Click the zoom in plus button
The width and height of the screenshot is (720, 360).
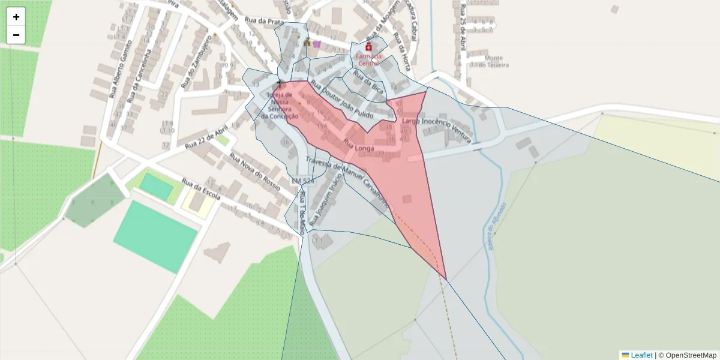coord(16,17)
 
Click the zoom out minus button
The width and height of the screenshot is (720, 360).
coord(16,35)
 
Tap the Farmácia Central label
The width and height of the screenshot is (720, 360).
coord(368,59)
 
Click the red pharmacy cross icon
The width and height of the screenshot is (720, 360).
coord(368,47)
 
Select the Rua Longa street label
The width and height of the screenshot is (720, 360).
coord(359,145)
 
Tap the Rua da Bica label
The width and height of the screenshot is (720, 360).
coord(368,81)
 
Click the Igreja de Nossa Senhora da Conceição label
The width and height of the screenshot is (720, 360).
coord(280,106)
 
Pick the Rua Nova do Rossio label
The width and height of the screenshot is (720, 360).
coord(254,171)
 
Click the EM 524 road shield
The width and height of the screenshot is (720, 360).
coord(302,181)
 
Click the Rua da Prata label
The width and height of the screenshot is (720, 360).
coord(268,22)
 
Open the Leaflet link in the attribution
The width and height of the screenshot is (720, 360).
coord(641,355)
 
